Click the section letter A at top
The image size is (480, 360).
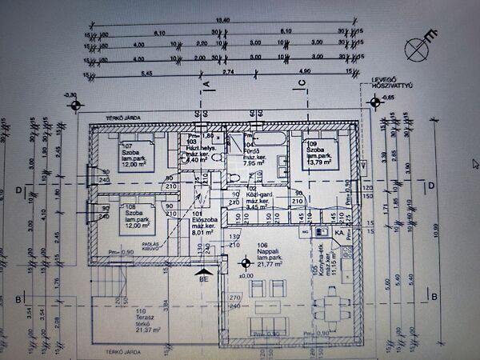(205, 83)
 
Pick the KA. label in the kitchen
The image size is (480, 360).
(340, 234)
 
